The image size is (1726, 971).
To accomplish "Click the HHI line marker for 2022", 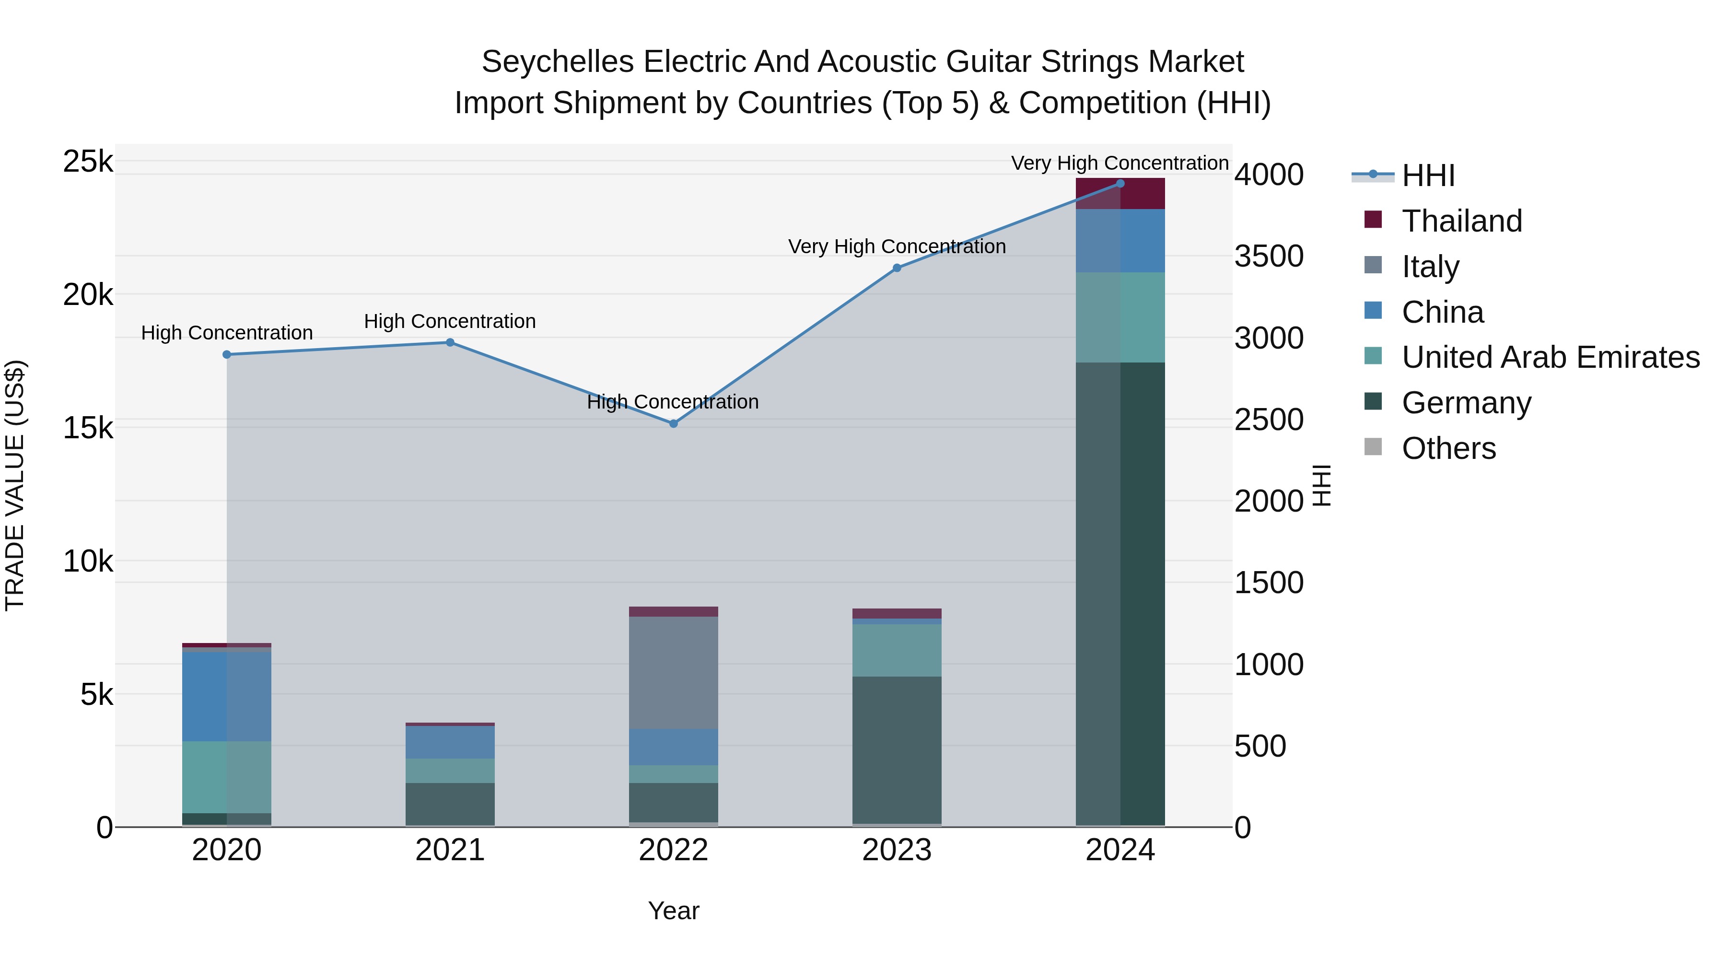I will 674,423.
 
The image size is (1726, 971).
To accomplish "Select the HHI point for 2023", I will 897,268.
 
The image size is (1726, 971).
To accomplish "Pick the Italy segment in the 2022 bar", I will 674,672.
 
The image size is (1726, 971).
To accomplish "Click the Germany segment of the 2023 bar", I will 897,750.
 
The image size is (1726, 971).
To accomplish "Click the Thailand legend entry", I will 1461,221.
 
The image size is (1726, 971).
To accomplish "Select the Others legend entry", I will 1448,448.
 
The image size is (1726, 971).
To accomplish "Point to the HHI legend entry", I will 1427,175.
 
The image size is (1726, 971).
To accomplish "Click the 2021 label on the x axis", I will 450,850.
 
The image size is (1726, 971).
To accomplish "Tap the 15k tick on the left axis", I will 88,428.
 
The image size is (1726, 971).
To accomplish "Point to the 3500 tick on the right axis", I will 1268,256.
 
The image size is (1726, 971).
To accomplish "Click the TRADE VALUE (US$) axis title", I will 15,485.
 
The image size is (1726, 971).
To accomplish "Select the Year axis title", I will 674,911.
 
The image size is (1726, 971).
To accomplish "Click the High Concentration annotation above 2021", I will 450,322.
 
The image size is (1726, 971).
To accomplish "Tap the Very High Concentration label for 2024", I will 1119,164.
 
